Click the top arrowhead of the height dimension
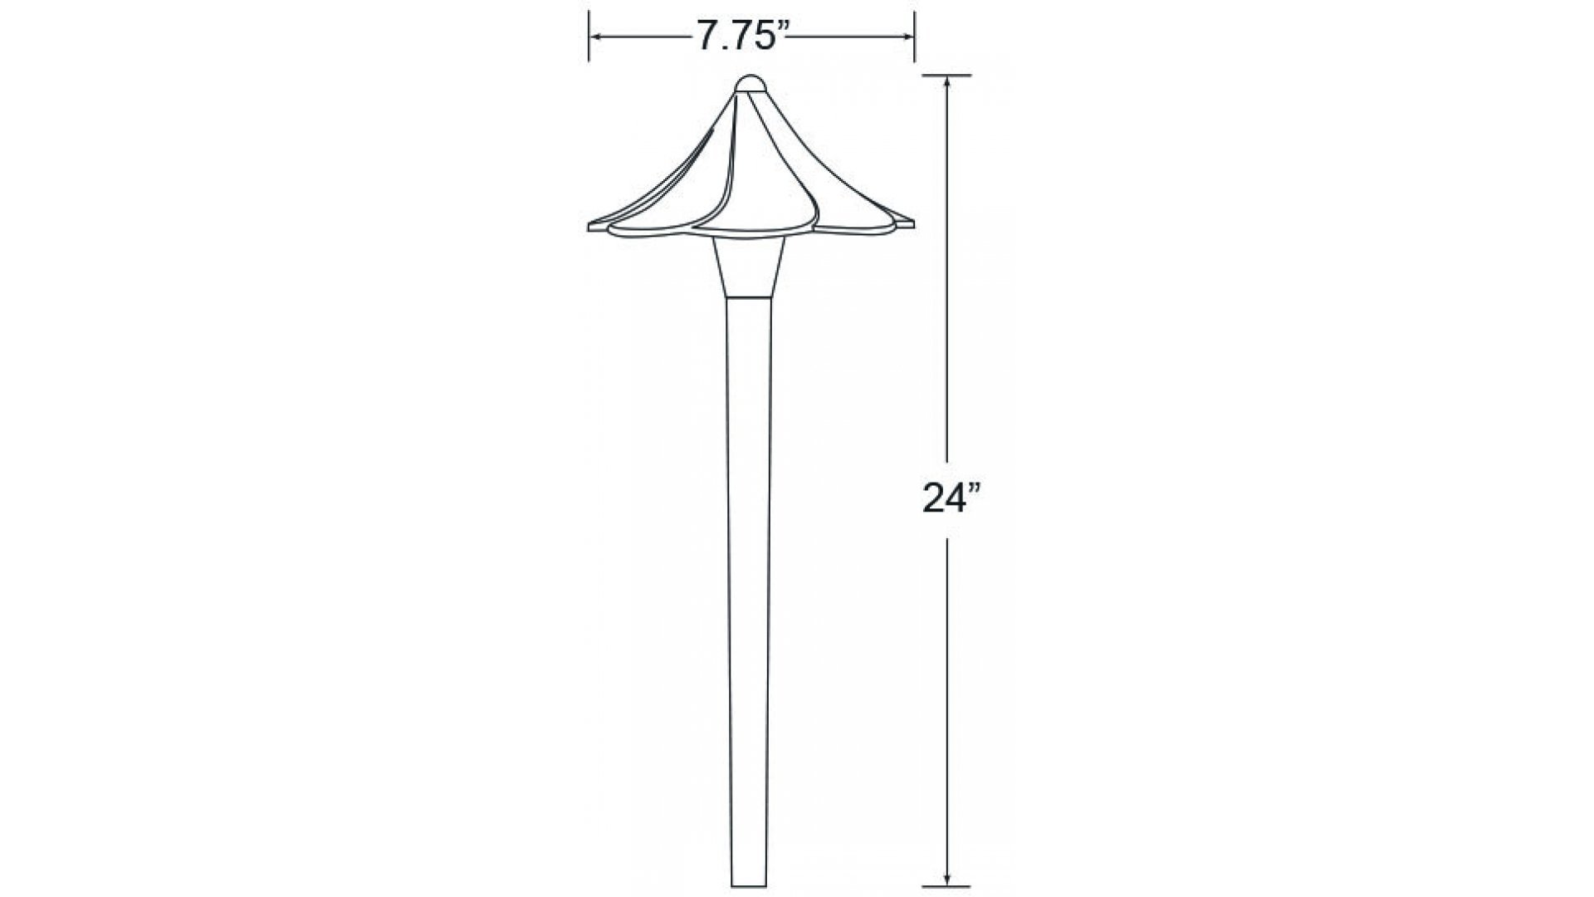(947, 84)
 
